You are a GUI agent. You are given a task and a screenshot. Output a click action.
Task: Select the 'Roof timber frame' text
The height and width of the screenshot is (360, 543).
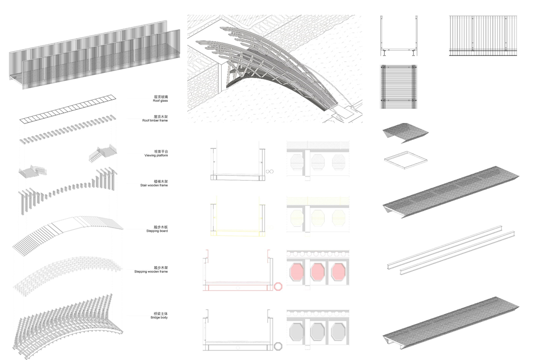[x=154, y=120]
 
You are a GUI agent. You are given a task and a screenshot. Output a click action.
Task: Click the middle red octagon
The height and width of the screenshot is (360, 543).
[x=318, y=272]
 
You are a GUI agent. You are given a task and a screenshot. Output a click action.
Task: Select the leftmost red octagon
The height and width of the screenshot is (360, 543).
[x=297, y=272]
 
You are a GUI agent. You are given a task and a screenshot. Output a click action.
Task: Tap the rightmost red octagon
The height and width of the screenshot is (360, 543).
[x=338, y=272]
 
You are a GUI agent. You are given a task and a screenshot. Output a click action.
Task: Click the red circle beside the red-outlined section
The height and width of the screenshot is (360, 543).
[x=278, y=287]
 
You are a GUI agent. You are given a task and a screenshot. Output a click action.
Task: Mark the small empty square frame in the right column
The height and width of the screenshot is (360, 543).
[x=404, y=159]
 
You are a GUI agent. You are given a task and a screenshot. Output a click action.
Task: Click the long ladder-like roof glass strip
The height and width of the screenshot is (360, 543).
[x=68, y=108]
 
